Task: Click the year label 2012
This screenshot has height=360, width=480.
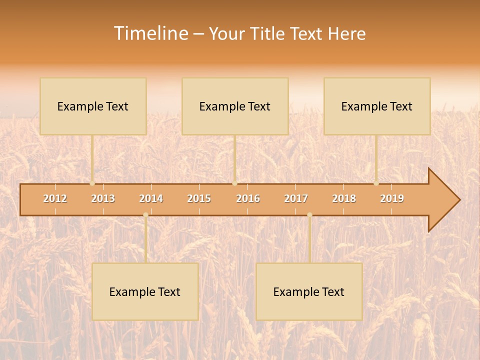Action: pos(55,198)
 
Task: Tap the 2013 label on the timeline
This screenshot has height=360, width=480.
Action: pos(103,198)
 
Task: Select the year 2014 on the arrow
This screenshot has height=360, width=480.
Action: pos(151,198)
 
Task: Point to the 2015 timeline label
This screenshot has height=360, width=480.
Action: pos(199,198)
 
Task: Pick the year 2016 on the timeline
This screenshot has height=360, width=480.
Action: pos(248,198)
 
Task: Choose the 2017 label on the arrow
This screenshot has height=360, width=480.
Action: pos(296,198)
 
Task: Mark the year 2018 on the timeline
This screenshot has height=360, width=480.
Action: pos(344,198)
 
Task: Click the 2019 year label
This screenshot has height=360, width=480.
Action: pos(392,198)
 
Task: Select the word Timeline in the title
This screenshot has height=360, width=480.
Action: pos(150,33)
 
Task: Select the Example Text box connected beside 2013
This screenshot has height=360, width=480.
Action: pos(93,106)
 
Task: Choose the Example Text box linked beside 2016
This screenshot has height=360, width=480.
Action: pos(235,106)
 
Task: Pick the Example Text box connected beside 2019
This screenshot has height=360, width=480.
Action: pos(377,106)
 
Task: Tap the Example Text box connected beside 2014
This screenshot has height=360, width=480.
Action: pos(145,291)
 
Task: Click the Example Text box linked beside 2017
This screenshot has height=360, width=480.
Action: pos(309,291)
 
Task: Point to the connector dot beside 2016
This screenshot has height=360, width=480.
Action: pos(235,183)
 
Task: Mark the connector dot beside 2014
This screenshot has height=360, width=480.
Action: pos(145,215)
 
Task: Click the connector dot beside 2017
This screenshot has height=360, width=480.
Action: pos(309,215)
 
